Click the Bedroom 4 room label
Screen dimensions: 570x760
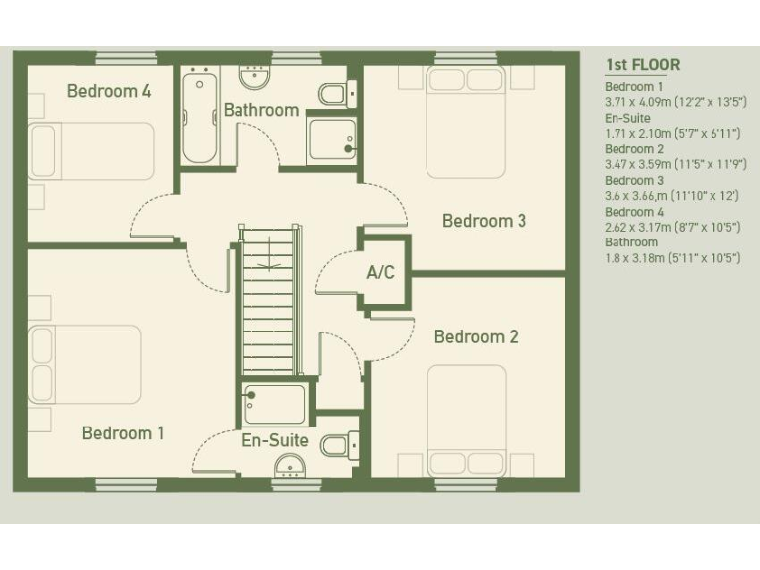click(109, 91)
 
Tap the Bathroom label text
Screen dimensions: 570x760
click(260, 110)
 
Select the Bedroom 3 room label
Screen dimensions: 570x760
click(484, 221)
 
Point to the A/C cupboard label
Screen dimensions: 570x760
click(381, 272)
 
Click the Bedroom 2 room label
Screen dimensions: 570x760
click(476, 337)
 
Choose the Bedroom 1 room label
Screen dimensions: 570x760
click(124, 432)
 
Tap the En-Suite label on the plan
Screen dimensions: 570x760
click(275, 440)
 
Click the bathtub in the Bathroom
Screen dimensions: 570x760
click(203, 116)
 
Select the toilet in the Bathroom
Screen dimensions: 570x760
click(332, 94)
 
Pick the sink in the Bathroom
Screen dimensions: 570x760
click(256, 75)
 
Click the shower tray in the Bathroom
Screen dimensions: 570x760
click(332, 140)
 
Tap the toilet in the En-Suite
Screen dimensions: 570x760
click(336, 445)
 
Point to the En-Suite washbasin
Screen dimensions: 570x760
click(290, 465)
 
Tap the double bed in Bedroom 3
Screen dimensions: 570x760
click(465, 122)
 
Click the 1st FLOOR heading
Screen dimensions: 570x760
click(642, 66)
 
